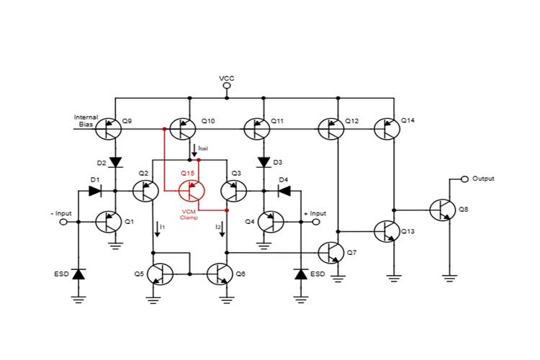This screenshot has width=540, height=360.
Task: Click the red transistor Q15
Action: (192, 192)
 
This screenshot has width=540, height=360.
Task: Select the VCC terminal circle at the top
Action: (227, 86)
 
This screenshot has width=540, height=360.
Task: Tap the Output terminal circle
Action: (464, 179)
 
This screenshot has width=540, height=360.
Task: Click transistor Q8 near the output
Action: (443, 210)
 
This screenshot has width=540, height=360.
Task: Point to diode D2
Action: (114, 162)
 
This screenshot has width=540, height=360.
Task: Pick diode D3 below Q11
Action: (264, 162)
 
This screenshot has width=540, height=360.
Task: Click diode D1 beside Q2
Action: (94, 191)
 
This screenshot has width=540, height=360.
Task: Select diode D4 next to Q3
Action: (283, 191)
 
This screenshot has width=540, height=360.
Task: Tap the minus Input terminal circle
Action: (63, 222)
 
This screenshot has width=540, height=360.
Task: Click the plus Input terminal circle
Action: (315, 222)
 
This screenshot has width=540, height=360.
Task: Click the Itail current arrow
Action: (193, 151)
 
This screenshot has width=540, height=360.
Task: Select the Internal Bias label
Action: (86, 120)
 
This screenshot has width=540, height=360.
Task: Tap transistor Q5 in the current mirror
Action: (160, 274)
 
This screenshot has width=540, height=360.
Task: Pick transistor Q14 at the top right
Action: (387, 130)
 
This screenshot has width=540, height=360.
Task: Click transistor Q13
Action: (387, 232)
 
